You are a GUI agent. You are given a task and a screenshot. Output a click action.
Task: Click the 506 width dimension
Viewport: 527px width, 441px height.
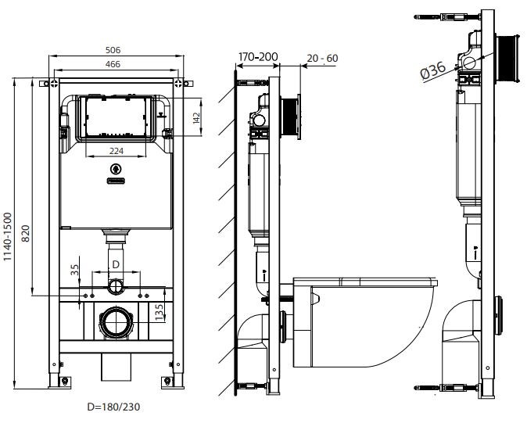coord(113,50)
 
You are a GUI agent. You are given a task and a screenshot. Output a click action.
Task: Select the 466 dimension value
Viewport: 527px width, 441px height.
coord(113,64)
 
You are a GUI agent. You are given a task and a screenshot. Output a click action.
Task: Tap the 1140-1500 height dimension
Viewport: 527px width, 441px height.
coord(7,237)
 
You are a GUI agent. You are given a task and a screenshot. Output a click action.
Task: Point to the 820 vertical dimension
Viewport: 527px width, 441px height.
coord(26,234)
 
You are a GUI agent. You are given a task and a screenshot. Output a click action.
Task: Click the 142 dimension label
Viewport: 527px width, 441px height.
coord(196,117)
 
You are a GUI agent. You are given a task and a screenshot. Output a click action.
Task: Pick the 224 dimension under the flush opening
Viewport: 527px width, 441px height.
coord(117,151)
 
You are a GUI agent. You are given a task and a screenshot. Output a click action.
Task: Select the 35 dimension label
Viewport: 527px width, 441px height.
coord(74,270)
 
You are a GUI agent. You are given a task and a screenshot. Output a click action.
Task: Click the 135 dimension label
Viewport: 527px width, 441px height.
coord(159,311)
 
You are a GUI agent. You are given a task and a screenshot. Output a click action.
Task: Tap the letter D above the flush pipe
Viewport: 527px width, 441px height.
coord(116,264)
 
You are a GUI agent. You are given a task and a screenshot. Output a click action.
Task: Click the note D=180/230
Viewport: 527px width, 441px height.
coord(113,407)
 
